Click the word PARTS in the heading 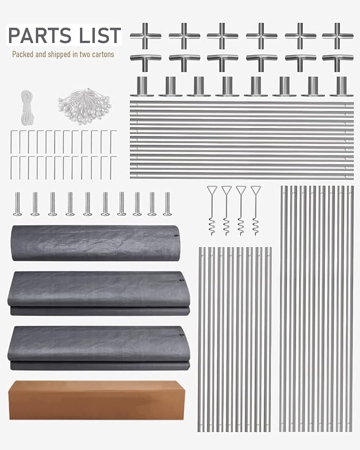point(40,36)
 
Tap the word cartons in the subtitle point(103,54)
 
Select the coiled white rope point(27,108)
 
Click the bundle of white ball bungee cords point(84,106)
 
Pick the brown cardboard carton point(96,400)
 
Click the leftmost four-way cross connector point(146,36)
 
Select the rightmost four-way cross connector point(338,36)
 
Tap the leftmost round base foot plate point(142,86)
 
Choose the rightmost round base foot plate point(341,86)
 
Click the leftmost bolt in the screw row point(17,204)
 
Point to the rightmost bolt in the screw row point(168,204)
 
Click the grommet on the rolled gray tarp point(176,236)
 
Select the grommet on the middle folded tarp point(181,280)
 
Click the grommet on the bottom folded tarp point(181,335)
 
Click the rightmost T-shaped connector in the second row point(338,62)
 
